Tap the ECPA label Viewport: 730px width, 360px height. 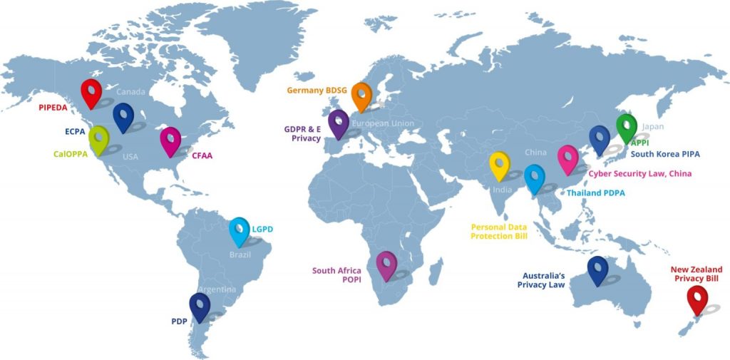(x=75, y=131)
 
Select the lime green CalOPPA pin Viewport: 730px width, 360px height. (x=98, y=138)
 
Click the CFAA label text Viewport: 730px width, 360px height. (x=202, y=155)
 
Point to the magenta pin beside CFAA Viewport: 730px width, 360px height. (x=170, y=140)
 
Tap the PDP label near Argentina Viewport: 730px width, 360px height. (x=179, y=322)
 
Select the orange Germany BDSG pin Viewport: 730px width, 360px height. (x=361, y=96)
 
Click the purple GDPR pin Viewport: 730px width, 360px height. (x=338, y=122)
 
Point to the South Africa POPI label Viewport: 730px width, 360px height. (x=336, y=275)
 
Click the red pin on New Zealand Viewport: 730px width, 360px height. (x=696, y=299)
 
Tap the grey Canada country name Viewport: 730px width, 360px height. (x=130, y=92)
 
